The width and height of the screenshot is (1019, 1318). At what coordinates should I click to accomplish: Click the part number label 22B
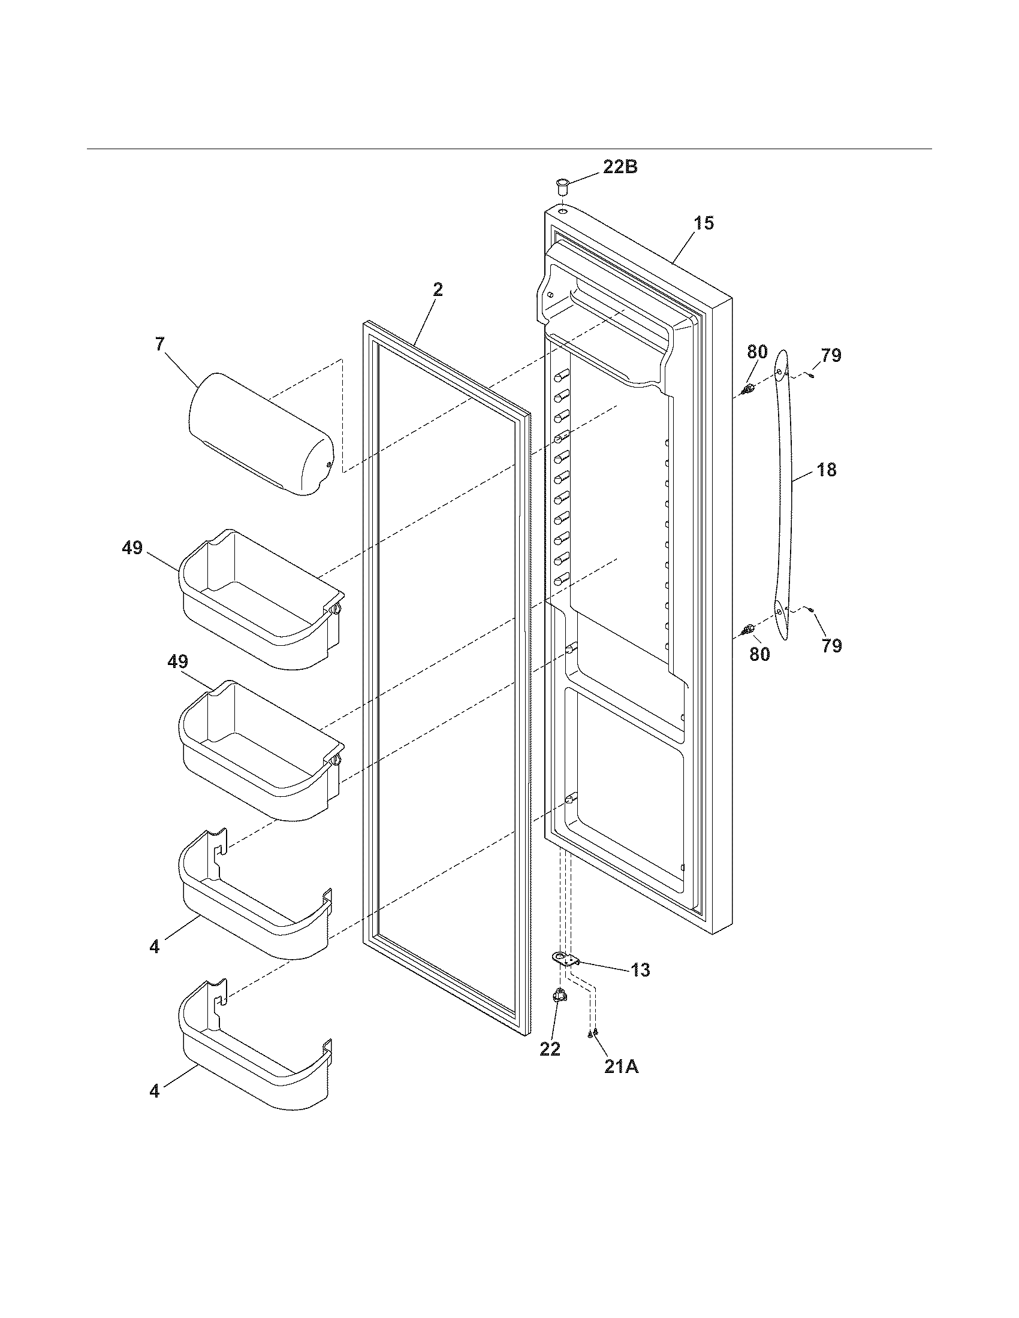620,167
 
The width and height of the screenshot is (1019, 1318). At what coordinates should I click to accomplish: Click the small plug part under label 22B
563,185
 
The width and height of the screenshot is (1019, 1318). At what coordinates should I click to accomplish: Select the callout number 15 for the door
704,223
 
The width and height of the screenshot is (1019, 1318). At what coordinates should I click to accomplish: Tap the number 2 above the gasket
438,290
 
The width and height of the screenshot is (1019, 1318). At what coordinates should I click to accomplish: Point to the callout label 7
159,346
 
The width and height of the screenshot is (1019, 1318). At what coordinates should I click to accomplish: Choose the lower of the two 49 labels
177,662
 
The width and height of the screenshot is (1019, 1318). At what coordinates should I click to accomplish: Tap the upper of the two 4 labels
155,947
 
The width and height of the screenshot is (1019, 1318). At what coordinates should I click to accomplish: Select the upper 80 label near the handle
757,352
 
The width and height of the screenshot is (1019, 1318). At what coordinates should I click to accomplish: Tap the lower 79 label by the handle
831,646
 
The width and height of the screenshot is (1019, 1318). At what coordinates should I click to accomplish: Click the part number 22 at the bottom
550,1049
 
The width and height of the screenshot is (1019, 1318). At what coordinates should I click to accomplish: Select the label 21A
621,1066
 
